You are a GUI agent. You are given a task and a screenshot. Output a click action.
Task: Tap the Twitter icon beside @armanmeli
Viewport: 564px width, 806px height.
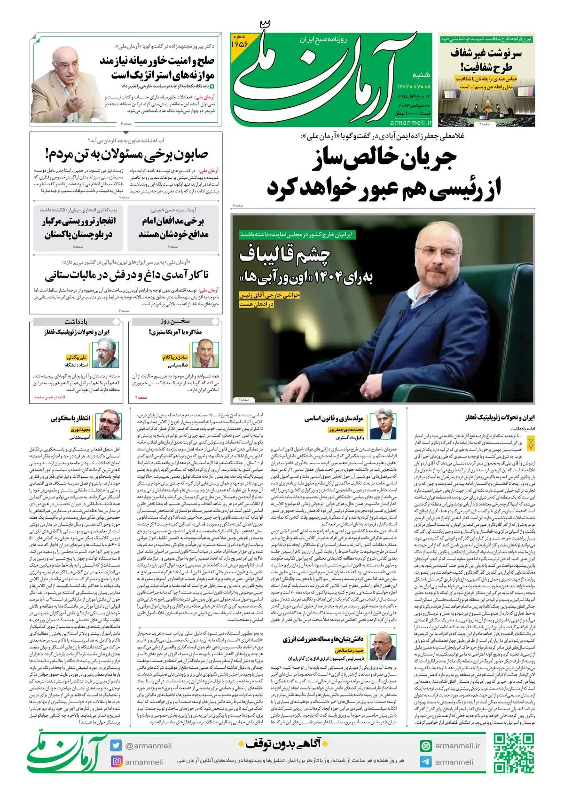point(116,745)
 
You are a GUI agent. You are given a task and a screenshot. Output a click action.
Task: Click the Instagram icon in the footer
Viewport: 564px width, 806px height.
point(116,762)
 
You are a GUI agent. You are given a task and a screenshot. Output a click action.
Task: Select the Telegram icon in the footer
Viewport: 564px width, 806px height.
point(425,762)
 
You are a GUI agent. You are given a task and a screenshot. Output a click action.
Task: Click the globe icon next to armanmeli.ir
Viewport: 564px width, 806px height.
point(425,745)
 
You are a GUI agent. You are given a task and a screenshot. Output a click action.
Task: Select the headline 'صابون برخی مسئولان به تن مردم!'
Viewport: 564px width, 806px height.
point(126,154)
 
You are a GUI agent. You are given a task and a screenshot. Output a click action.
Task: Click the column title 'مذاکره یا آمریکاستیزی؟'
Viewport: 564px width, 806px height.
point(175,332)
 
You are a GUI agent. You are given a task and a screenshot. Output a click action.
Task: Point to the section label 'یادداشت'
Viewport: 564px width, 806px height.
point(76,322)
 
